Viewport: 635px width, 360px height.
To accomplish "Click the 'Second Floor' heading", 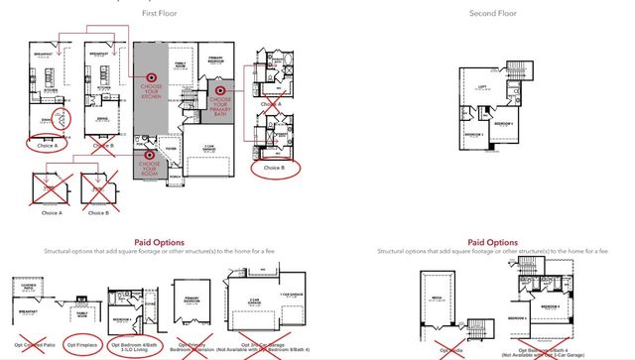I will [491, 13].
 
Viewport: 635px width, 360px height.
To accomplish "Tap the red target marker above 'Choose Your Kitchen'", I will [152, 75].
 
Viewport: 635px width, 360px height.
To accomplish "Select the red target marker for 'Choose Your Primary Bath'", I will [220, 89].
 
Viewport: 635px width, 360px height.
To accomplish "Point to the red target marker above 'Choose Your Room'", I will [151, 154].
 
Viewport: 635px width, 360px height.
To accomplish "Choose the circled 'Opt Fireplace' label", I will [85, 344].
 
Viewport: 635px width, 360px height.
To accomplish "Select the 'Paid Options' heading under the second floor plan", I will [491, 241].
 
